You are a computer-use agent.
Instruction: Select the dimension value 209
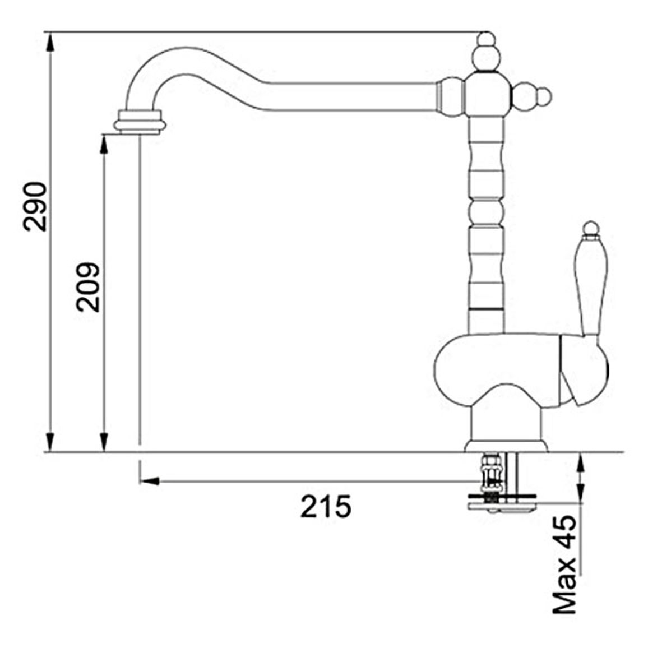click(x=87, y=286)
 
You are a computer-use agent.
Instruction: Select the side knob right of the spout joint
click(x=532, y=97)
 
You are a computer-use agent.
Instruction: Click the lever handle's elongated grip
click(x=591, y=287)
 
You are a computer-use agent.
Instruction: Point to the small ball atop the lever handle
click(x=591, y=228)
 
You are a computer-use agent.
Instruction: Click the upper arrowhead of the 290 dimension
click(x=50, y=41)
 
